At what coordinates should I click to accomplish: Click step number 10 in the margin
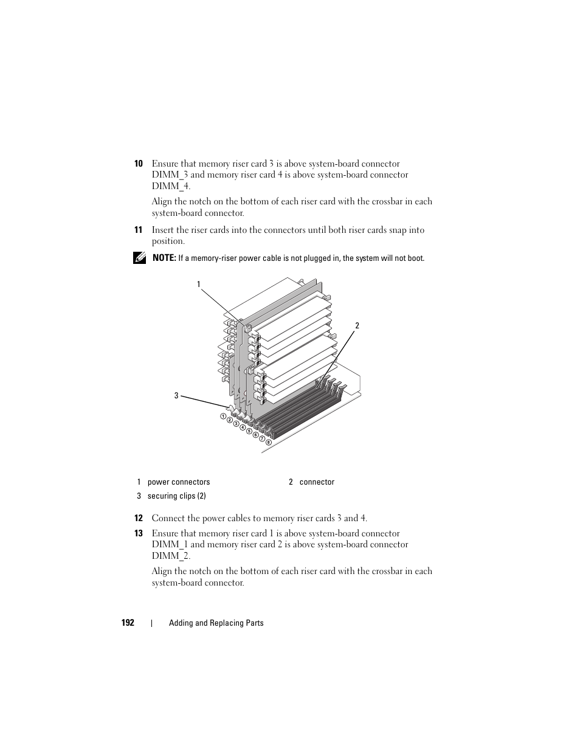pyautogui.click(x=138, y=164)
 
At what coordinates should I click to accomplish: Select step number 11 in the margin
pyautogui.click(x=138, y=230)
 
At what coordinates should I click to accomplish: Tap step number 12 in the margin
pyautogui.click(x=138, y=518)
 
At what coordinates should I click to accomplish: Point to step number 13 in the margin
pyautogui.click(x=138, y=533)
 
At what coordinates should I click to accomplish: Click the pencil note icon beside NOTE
pyautogui.click(x=139, y=258)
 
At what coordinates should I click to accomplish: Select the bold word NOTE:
pyautogui.click(x=164, y=258)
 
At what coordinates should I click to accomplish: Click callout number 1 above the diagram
pyautogui.click(x=198, y=284)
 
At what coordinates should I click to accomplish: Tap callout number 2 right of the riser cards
pyautogui.click(x=357, y=326)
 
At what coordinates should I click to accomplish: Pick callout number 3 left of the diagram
pyautogui.click(x=176, y=396)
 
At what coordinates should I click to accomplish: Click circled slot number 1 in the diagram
pyautogui.click(x=223, y=416)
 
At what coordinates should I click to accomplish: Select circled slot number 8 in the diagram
pyautogui.click(x=268, y=442)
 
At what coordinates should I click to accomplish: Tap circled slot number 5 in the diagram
pyautogui.click(x=249, y=431)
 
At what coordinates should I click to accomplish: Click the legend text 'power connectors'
pyautogui.click(x=179, y=482)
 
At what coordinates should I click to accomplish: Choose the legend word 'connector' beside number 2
pyautogui.click(x=317, y=482)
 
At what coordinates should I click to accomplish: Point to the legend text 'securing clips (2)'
pyautogui.click(x=176, y=496)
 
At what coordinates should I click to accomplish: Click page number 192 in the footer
pyautogui.click(x=128, y=623)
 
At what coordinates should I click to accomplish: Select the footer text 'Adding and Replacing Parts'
pyautogui.click(x=216, y=623)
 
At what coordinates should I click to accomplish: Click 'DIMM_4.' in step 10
pyautogui.click(x=171, y=186)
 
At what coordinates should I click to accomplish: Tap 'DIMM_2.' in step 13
pyautogui.click(x=171, y=556)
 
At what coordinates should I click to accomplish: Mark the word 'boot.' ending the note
pyautogui.click(x=416, y=258)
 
